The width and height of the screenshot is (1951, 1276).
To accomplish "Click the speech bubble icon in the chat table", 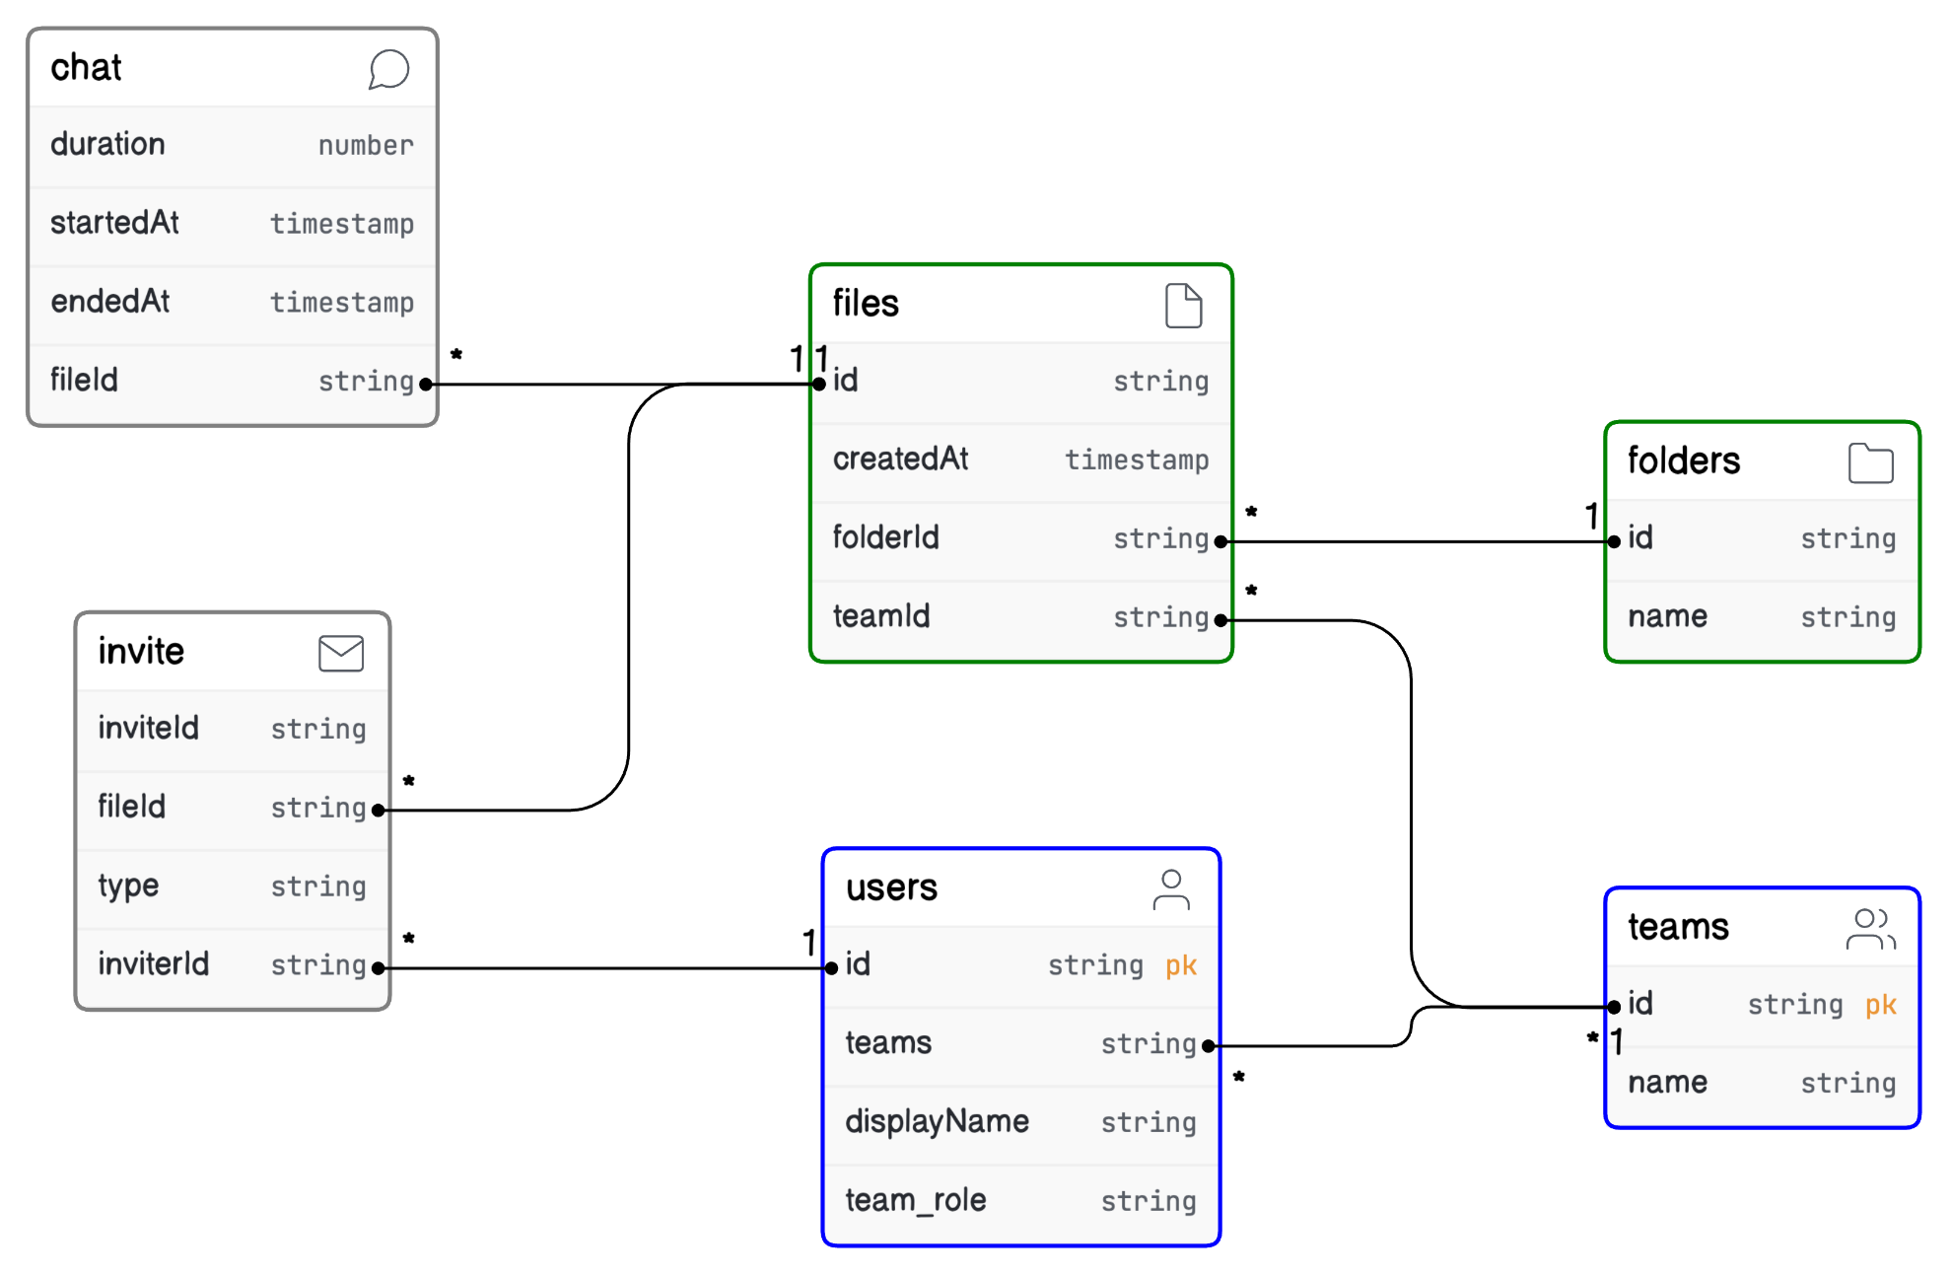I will (x=388, y=69).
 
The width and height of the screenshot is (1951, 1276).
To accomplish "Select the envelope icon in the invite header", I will (x=341, y=653).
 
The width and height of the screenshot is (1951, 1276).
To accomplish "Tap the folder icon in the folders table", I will (x=1870, y=462).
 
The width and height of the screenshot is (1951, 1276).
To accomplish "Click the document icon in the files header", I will (x=1183, y=305).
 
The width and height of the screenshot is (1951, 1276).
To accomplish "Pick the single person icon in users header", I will (x=1171, y=889).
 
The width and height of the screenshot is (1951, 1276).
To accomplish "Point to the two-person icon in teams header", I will (x=1870, y=929).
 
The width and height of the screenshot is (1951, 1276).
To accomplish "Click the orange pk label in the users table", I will (x=1180, y=964).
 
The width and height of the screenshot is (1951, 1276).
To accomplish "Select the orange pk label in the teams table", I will (x=1880, y=1004).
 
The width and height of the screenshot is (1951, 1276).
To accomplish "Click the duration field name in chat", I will (x=107, y=144).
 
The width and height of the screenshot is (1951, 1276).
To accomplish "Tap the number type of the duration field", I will (x=365, y=145).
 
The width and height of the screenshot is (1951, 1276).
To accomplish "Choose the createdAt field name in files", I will (x=900, y=459).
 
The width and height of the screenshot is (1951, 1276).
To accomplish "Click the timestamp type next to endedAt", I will (x=341, y=302).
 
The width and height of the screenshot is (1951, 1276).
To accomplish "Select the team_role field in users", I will (x=915, y=1200).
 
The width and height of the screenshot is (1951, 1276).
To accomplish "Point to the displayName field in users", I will (x=937, y=1121).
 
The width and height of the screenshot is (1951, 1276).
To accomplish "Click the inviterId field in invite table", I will (x=153, y=963).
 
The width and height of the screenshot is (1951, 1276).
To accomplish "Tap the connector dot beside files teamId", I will (x=1220, y=620).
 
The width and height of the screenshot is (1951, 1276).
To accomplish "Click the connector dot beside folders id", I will (x=1614, y=541).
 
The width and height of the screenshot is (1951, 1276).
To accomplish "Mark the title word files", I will (x=865, y=303).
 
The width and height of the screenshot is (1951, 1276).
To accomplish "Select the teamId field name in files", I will (x=880, y=616).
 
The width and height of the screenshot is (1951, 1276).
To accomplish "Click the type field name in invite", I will (x=128, y=886).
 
